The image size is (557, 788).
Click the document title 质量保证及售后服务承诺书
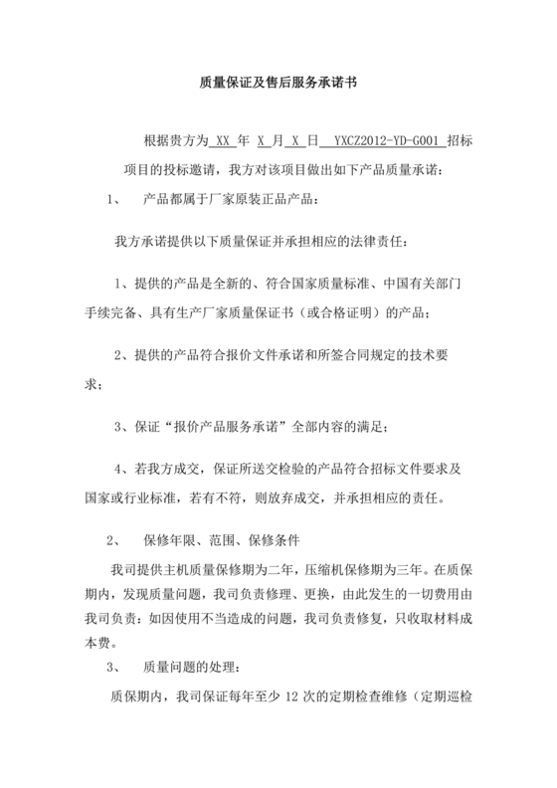(278, 86)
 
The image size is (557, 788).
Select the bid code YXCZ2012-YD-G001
(383, 142)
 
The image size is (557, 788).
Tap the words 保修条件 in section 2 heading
(281, 541)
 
